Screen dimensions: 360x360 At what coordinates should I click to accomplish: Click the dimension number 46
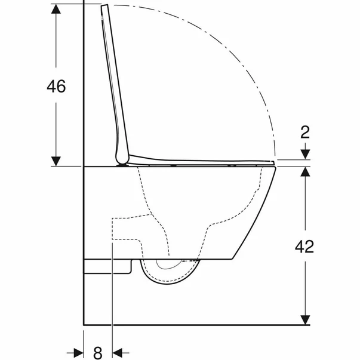pos(56,87)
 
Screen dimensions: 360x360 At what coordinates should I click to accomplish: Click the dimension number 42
pos(304,247)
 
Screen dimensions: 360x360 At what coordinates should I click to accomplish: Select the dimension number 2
pos(305,132)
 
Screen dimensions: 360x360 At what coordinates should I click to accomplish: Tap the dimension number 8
pos(98,352)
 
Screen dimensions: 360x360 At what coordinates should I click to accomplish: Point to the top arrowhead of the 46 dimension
pos(56,9)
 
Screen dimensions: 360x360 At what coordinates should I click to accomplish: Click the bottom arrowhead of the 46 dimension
pos(56,161)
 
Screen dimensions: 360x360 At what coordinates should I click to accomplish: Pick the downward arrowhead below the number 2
pos(305,154)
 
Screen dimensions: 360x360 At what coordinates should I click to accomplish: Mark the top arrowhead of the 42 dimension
pos(305,171)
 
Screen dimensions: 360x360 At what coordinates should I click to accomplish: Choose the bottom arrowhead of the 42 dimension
pos(305,320)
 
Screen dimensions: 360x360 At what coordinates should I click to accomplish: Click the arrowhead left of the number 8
pos(79,352)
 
